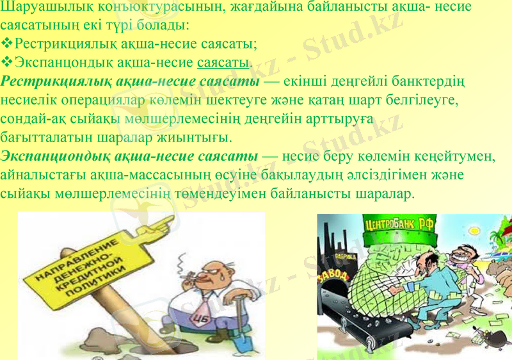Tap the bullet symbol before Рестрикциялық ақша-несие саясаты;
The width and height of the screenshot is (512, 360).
point(7,44)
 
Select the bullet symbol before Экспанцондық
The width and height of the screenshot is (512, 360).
point(7,62)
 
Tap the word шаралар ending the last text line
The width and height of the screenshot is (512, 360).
point(385,193)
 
